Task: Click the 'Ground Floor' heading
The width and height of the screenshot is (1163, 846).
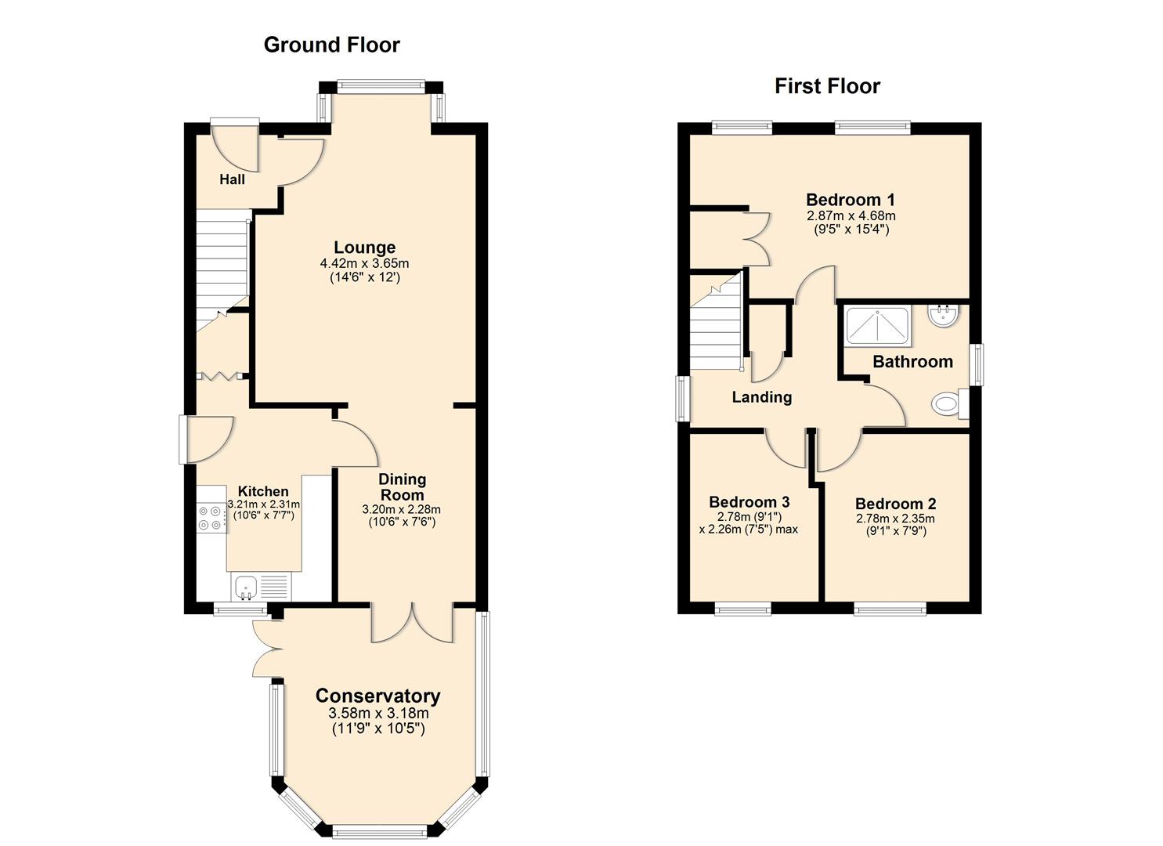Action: (331, 45)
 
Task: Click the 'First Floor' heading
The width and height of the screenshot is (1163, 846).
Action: (827, 86)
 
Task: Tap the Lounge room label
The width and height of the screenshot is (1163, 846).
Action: (364, 248)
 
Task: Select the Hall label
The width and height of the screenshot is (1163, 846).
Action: (232, 179)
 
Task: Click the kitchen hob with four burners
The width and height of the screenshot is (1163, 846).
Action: (210, 518)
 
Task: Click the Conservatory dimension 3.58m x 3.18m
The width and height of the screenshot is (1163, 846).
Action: (378, 714)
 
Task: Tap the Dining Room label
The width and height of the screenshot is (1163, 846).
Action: (402, 486)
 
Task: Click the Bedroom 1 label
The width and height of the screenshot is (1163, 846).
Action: (851, 200)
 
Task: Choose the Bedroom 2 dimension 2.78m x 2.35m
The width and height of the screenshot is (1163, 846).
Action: (895, 519)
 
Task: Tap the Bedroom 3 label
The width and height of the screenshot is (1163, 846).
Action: (749, 502)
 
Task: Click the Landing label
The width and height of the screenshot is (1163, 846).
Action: (761, 397)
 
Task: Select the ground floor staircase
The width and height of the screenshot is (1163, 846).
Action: (222, 258)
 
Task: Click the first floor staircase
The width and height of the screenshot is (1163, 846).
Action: (714, 329)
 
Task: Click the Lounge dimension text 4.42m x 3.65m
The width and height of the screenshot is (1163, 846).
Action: (364, 263)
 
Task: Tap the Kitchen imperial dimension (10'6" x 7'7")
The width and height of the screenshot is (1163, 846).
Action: (263, 515)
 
